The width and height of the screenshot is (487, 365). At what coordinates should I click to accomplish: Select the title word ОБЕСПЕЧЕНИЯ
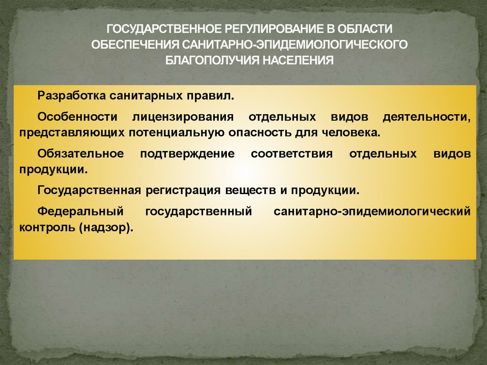click(133, 44)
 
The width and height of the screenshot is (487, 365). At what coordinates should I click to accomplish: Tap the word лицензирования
click(183, 117)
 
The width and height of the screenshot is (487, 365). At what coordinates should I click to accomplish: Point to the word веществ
click(250, 190)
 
